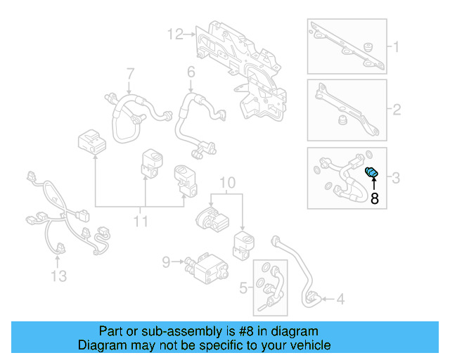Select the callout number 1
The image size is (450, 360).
(x=395, y=48)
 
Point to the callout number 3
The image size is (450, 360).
(x=396, y=178)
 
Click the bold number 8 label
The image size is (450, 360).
(x=374, y=199)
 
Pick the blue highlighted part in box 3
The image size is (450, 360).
(x=372, y=173)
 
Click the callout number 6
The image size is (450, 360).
(x=191, y=72)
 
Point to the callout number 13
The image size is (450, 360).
(x=59, y=275)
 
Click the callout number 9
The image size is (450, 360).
(x=166, y=262)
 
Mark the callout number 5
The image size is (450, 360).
(x=244, y=287)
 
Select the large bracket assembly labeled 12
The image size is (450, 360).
(x=243, y=60)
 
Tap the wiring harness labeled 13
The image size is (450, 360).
(x=60, y=211)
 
